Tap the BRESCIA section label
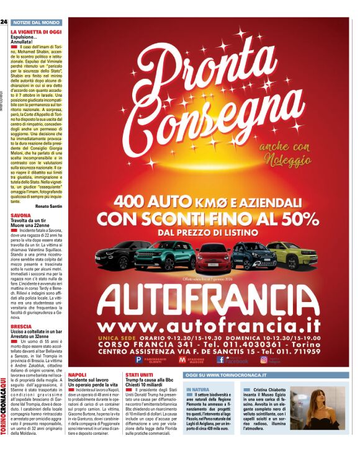click(x=21, y=326)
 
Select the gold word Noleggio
click(x=286, y=160)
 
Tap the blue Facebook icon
click(x=220, y=359)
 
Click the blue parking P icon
click(x=138, y=359)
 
